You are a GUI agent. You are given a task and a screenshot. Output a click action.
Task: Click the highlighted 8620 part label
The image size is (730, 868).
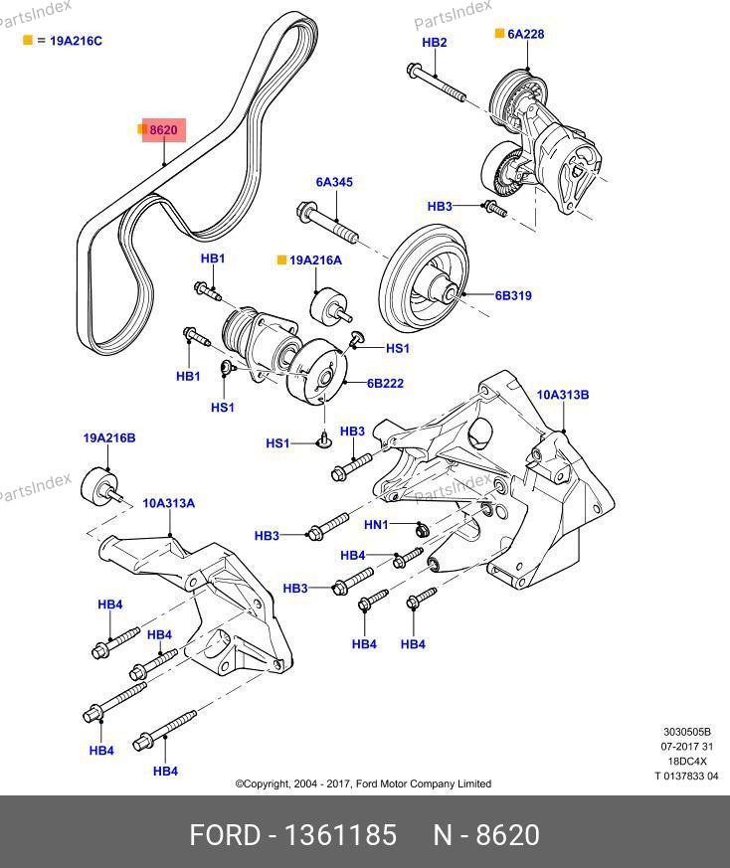[x=163, y=130]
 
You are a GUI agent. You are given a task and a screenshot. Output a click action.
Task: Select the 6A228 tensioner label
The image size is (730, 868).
[x=525, y=34]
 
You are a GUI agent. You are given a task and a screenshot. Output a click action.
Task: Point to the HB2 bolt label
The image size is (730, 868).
[x=435, y=43]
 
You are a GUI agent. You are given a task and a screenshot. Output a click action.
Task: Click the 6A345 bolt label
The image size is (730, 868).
[x=334, y=183]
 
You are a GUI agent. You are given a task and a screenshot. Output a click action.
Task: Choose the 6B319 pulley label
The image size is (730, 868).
[x=514, y=295]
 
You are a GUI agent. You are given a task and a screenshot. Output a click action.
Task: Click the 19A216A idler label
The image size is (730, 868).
[x=315, y=260]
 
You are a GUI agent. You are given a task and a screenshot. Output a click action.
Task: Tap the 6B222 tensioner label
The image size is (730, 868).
[x=385, y=383]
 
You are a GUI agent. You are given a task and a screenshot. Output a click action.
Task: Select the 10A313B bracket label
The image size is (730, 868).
[x=563, y=395]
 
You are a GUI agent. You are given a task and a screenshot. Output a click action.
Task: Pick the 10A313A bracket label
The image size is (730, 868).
[x=168, y=503]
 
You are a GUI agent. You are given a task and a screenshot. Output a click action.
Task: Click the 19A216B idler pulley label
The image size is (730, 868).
[x=109, y=437]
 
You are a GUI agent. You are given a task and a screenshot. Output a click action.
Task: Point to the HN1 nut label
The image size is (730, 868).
[x=376, y=525]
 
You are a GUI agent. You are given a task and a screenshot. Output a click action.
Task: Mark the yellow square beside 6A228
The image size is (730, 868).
[x=500, y=34]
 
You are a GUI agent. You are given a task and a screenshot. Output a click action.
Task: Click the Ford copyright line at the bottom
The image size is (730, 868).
[x=363, y=783]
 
